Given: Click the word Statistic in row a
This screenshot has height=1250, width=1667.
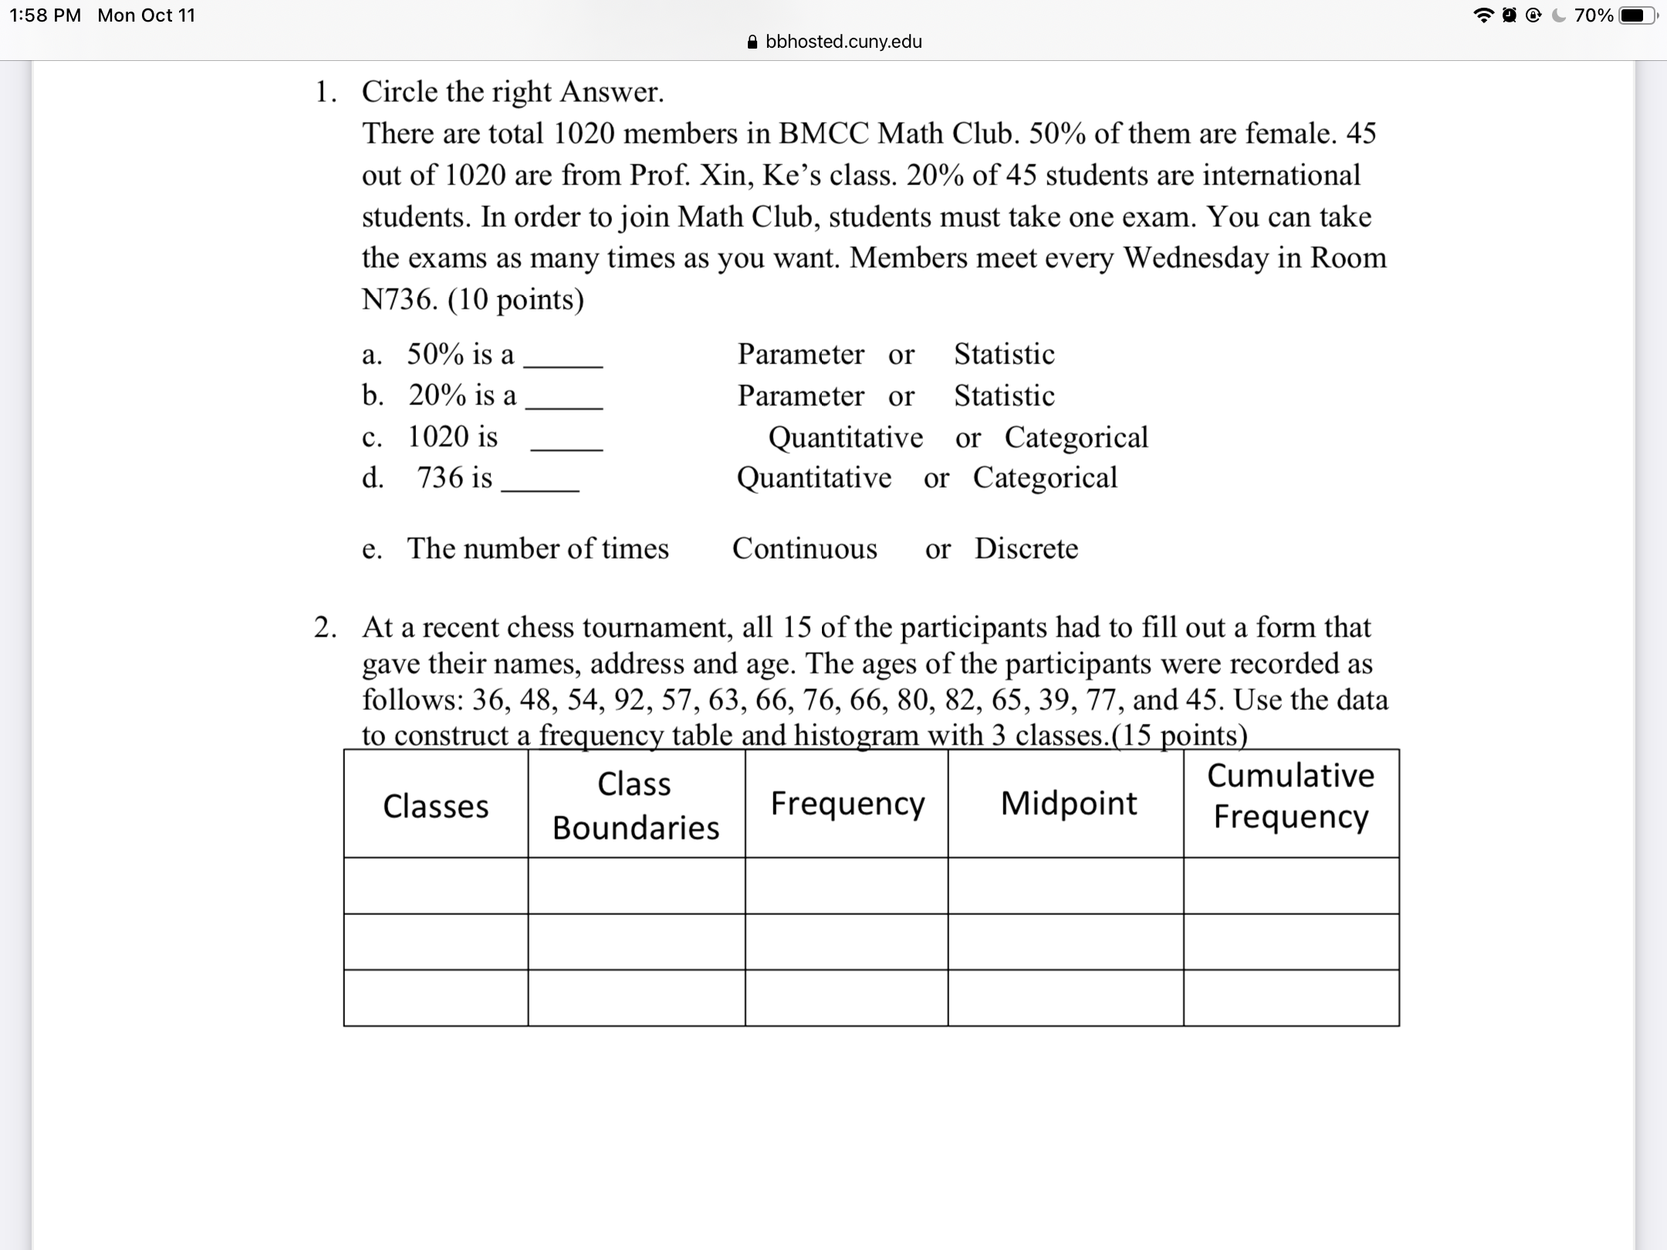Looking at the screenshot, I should [1003, 354].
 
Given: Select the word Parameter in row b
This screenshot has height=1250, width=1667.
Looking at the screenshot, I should [800, 396].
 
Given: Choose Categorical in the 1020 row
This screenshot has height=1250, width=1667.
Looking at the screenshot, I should [1076, 437].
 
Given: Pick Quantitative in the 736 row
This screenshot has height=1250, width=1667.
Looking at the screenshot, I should [813, 478].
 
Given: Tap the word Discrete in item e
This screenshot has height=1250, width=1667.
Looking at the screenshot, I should [1026, 549].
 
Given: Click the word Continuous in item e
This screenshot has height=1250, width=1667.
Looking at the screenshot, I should [804, 549].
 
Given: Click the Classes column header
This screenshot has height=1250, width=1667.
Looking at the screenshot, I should [435, 806].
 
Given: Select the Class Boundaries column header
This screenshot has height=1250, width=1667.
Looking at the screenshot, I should [635, 805].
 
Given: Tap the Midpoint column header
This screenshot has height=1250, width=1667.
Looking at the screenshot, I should [1068, 803].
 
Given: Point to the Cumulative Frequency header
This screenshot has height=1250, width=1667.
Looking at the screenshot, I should [1290, 796].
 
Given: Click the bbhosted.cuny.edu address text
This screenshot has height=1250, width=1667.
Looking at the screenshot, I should [844, 42].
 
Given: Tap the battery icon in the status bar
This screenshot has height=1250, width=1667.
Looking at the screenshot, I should [1635, 15].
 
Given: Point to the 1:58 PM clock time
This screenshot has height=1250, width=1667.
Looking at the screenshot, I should [45, 15].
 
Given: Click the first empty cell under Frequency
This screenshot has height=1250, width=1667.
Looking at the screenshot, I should [846, 886].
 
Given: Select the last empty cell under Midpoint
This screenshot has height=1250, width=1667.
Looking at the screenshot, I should [1065, 998].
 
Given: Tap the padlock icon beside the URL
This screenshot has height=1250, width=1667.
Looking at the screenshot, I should [752, 42].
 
